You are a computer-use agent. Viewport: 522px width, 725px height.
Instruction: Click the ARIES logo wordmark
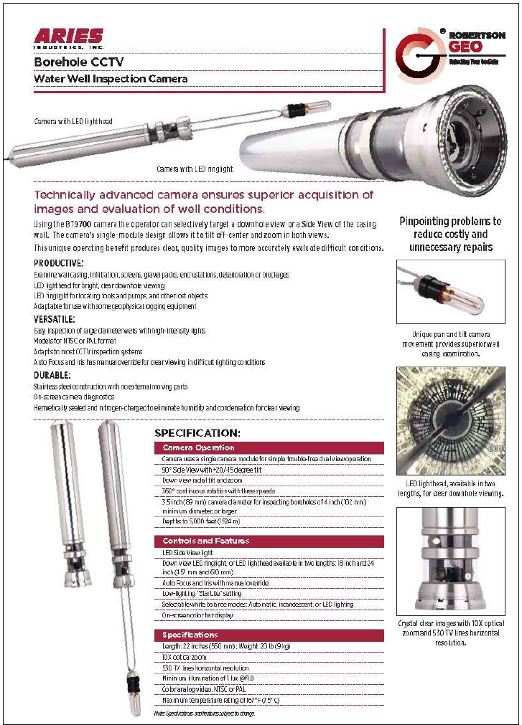[x=68, y=37]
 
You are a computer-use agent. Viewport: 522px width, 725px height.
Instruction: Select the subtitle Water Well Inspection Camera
[x=111, y=78]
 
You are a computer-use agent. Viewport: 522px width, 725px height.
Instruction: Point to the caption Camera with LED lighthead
[x=73, y=122]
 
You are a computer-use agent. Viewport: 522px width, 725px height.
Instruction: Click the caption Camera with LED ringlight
[x=195, y=169]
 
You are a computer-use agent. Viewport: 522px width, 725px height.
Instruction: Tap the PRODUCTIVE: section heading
[x=59, y=263]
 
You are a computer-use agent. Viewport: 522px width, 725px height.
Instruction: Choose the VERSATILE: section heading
[x=55, y=318]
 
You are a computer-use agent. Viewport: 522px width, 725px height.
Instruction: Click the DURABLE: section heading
[x=52, y=375]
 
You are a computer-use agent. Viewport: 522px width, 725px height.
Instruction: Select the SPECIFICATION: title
[x=197, y=433]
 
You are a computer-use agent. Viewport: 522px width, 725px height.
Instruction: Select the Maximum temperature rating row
[x=220, y=700]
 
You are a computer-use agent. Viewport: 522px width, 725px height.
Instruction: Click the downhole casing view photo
[x=450, y=420]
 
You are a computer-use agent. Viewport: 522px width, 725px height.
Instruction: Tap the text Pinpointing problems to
[x=450, y=222]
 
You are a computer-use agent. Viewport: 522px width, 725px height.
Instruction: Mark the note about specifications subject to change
[x=204, y=714]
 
